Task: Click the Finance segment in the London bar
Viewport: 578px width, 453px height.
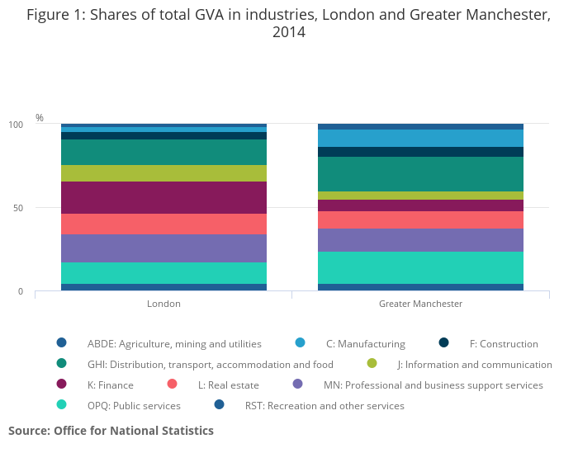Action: (163, 198)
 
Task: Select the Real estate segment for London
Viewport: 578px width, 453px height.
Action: (163, 224)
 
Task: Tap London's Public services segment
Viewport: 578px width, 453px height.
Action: (163, 273)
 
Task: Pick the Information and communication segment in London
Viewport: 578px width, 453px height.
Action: (163, 173)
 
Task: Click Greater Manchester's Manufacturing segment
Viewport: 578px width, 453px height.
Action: (420, 138)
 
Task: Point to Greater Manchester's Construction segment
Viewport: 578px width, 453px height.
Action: (420, 152)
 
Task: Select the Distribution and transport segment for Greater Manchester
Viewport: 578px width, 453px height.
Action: (420, 174)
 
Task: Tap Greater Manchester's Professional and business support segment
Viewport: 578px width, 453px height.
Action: (420, 240)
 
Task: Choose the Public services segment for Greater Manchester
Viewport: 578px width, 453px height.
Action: (420, 267)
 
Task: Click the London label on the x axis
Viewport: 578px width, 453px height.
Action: (163, 304)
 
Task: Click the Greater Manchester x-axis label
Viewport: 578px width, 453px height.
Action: (420, 304)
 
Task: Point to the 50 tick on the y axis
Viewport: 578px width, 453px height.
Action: (17, 208)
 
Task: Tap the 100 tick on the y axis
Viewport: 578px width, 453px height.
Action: (16, 125)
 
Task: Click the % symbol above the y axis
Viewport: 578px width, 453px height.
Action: (40, 118)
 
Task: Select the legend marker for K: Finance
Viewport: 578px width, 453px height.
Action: (60, 385)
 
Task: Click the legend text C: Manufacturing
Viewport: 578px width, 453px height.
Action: (365, 343)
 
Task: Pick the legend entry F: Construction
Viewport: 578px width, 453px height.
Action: (504, 343)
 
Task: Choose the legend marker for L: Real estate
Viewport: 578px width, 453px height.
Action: (173, 385)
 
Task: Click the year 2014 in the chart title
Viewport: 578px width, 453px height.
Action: (288, 32)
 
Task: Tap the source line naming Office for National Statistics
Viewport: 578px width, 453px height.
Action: (111, 431)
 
